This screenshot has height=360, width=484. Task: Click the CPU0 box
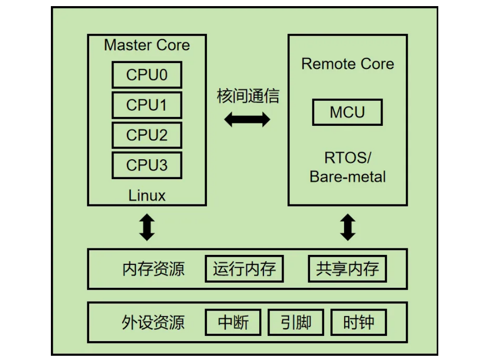[147, 75]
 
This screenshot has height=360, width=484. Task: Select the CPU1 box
[147, 105]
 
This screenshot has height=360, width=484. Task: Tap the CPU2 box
[147, 135]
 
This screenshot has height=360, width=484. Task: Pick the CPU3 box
[147, 165]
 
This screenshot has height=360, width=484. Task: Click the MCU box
[347, 112]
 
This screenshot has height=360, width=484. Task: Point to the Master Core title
[147, 45]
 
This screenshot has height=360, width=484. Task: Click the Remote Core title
[348, 64]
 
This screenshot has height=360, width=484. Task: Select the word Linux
[147, 195]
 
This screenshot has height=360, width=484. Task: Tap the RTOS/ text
[348, 157]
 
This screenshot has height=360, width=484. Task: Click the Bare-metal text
[348, 177]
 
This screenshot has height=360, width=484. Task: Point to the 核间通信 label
[248, 96]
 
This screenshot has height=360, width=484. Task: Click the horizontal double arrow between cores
[247, 119]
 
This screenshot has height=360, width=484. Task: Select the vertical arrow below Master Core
[147, 227]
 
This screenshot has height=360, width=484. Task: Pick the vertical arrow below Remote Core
[348, 227]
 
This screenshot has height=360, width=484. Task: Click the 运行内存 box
[244, 269]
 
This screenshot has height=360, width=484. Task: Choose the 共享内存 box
[347, 269]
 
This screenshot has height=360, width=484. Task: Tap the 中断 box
[233, 322]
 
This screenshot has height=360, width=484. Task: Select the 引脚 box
[296, 322]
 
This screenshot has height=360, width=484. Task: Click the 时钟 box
[359, 322]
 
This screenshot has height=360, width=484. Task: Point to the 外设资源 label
[153, 323]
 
